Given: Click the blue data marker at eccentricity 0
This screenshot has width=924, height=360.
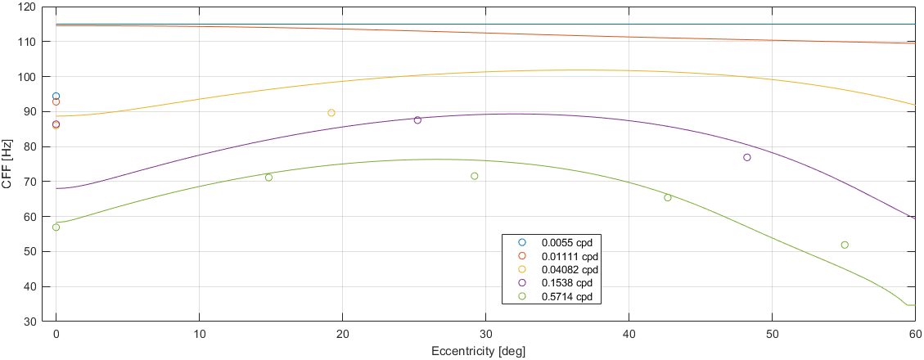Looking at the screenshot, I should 56,97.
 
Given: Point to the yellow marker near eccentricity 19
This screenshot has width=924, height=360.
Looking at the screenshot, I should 331,113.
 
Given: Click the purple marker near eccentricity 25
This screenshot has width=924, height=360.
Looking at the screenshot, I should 417,120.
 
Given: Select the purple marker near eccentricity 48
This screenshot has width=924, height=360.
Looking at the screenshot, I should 747,157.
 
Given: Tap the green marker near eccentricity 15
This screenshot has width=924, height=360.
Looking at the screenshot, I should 268,178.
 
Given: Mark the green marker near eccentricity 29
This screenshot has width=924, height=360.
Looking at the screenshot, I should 475,176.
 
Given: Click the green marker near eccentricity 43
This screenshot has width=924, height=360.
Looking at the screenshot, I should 668,197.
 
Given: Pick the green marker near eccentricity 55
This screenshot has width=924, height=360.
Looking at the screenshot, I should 845,245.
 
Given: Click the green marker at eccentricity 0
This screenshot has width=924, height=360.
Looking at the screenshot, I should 56,227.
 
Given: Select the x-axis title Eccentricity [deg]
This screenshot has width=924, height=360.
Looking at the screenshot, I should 478,352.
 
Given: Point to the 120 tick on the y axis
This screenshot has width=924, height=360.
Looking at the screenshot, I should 36,7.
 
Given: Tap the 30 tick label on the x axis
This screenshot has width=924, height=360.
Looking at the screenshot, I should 485,335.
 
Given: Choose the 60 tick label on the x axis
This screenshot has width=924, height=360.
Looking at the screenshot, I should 914,335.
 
